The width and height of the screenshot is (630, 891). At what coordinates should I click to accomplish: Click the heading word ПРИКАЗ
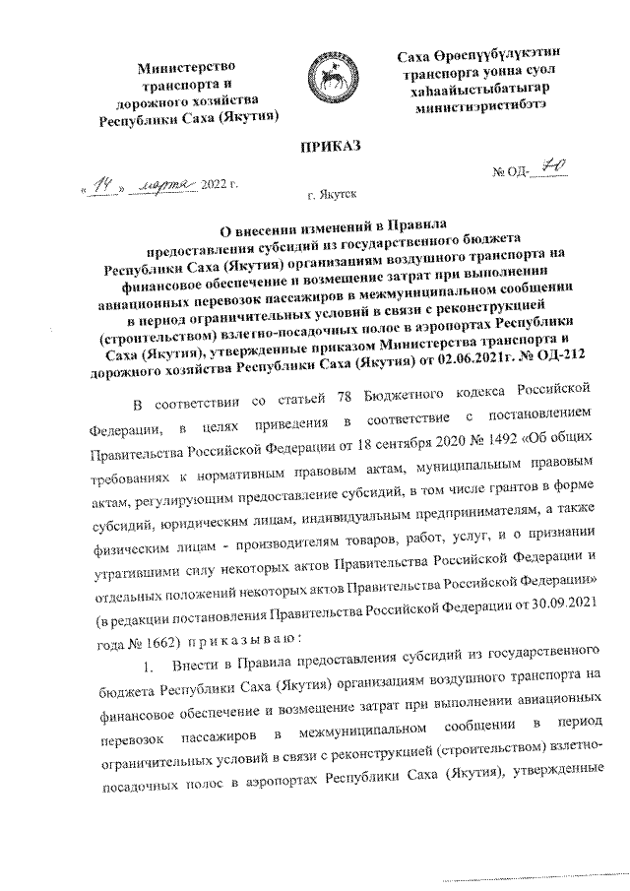pos(316,147)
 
